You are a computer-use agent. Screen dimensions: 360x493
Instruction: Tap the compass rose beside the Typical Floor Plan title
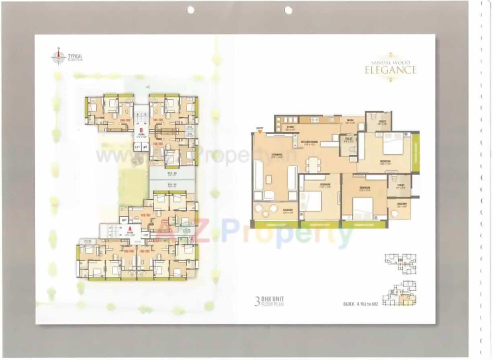(x=59, y=57)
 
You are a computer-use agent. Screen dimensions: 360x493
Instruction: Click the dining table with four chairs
(x=314, y=164)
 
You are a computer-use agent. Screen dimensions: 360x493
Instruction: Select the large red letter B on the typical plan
(x=141, y=130)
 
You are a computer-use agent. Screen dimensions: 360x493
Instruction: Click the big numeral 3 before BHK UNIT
(x=257, y=301)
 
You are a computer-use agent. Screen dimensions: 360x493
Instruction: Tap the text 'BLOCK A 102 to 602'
(x=360, y=304)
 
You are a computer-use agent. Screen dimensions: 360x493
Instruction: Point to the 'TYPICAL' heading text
(x=76, y=56)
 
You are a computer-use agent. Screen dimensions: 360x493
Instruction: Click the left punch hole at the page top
(x=190, y=10)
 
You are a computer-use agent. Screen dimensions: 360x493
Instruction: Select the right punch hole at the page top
(x=288, y=10)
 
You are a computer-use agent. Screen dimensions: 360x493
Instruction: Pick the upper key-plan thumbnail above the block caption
(x=400, y=264)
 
